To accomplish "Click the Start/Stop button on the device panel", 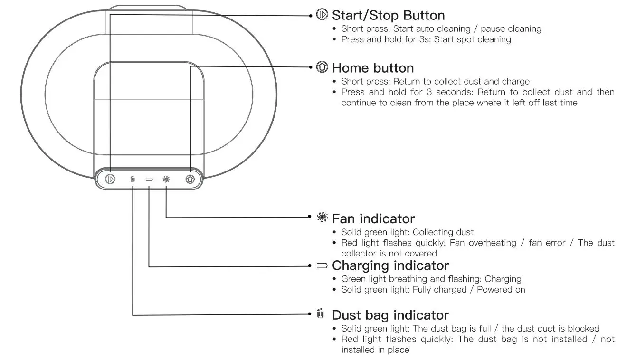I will point(110,180).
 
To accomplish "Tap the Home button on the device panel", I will point(190,180).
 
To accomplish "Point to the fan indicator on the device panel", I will point(166,180).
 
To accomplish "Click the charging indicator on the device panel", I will point(149,180).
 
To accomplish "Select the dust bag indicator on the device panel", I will point(133,180).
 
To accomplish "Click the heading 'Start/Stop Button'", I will point(388,15).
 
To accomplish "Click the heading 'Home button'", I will point(373,67).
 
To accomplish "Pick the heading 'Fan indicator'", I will point(373,218).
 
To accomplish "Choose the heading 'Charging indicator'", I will point(390,265).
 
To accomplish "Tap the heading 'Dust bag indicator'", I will point(390,315).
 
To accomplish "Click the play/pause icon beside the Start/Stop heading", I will point(322,15).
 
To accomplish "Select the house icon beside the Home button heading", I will point(322,67).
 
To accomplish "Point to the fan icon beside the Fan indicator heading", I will point(323,218).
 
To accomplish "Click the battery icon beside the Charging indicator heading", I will point(322,265).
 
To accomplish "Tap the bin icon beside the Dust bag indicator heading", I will point(321,314).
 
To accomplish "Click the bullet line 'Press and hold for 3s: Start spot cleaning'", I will point(426,39).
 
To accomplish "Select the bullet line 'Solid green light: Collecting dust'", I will point(407,232).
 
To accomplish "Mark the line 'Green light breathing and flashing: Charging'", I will point(431,279).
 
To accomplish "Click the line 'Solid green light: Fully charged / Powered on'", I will point(433,289).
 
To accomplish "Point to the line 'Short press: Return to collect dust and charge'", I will point(435,81).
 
